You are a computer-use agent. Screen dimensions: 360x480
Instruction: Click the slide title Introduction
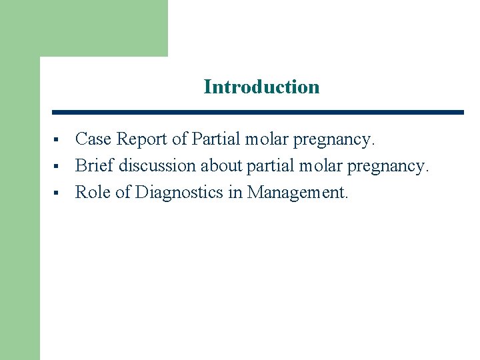pos(261,87)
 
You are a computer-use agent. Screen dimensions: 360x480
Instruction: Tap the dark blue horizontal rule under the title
pos(257,112)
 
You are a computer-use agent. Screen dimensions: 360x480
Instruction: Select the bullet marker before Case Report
pos(57,141)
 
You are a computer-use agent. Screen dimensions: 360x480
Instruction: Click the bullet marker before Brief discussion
pos(57,167)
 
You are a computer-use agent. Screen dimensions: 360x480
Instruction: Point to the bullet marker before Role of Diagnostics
pos(57,193)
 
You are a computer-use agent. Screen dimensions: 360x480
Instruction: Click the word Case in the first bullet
pos(93,139)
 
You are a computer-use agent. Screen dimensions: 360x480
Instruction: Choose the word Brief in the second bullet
pos(95,165)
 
